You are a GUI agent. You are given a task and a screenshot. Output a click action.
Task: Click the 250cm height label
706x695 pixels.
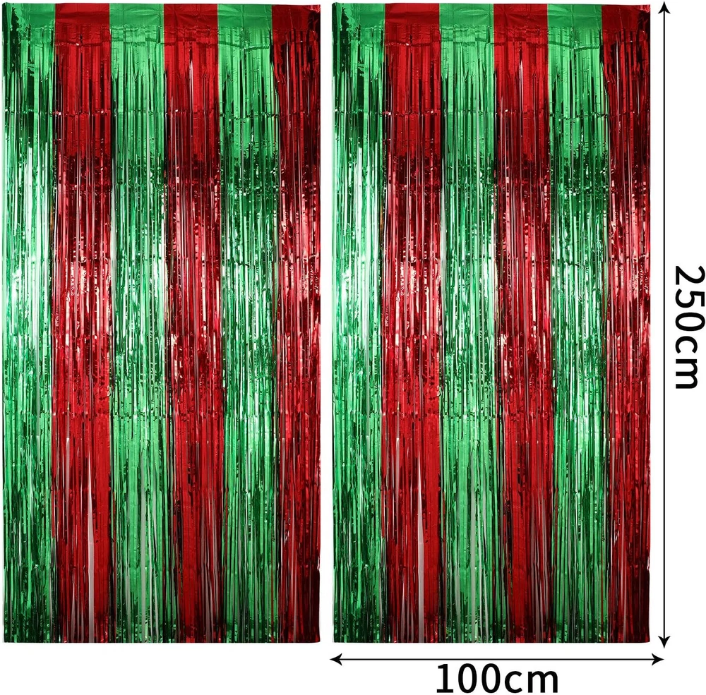[686, 326]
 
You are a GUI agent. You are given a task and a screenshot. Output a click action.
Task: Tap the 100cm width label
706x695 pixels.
[496, 679]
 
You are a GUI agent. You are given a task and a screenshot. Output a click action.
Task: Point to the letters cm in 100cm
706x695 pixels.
[532, 679]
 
